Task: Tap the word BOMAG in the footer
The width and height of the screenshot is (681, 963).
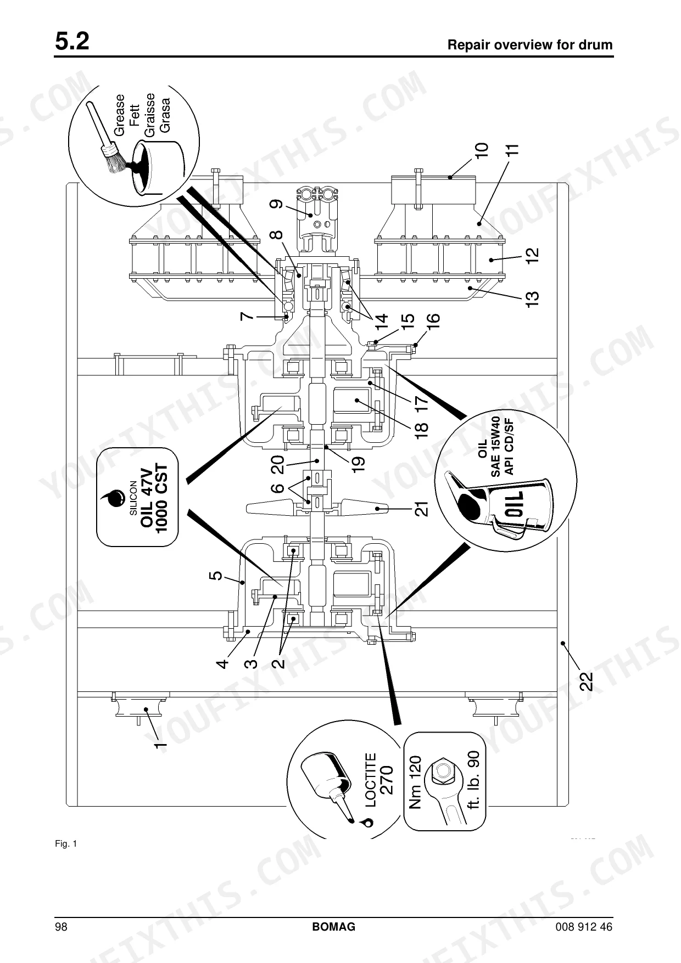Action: pos(334,927)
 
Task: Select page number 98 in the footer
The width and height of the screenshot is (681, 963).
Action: pos(61,927)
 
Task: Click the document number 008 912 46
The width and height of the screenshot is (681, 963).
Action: pos(584,927)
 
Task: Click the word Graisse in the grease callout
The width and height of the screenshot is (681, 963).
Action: pos(149,115)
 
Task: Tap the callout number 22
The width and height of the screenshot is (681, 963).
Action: pos(587,681)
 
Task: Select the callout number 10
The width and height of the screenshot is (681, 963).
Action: pos(481,151)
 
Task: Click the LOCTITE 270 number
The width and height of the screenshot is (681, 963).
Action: pos(387,780)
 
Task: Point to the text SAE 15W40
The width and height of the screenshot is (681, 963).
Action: pos(495,446)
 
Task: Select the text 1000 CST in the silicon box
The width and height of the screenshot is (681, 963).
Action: pos(163,497)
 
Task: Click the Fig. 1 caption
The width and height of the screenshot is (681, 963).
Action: pos(66,843)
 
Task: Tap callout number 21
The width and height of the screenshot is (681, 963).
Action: pos(421,509)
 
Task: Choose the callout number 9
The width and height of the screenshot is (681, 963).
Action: pos(276,204)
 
